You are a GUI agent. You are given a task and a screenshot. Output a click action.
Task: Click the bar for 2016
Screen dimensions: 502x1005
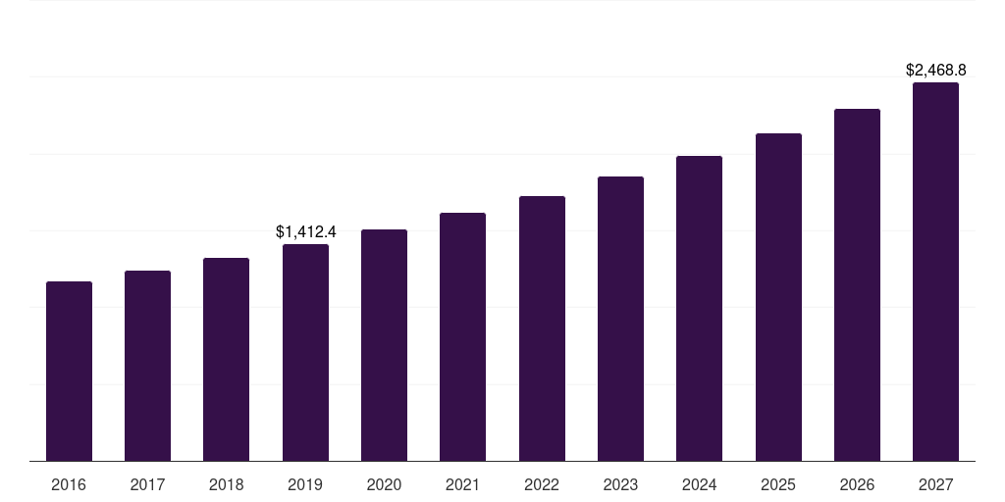[x=69, y=372]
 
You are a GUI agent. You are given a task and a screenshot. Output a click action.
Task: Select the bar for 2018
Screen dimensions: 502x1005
[x=227, y=360]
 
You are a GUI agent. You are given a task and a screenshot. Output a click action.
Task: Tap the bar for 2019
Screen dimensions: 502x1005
[x=305, y=353]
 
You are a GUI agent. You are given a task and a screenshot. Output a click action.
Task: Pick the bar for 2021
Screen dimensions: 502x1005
[x=462, y=337]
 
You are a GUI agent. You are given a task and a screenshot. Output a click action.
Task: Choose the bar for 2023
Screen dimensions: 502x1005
[x=620, y=319]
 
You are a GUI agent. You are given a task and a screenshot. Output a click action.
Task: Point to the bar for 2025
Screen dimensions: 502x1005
[x=778, y=297]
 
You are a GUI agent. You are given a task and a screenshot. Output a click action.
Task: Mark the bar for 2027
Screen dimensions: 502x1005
[x=935, y=272]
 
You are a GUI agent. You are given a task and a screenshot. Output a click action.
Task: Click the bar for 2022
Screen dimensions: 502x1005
[x=542, y=328]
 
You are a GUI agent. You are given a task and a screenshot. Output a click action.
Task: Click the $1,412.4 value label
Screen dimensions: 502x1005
[x=306, y=232]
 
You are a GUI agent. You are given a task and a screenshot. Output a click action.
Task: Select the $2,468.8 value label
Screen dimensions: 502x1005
[x=936, y=71]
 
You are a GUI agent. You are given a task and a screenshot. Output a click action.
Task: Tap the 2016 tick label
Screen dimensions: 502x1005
[x=69, y=485]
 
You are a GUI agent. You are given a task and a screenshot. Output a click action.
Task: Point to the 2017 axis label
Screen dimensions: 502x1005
[x=147, y=485]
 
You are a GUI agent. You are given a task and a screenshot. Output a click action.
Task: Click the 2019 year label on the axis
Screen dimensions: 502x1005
[x=305, y=485]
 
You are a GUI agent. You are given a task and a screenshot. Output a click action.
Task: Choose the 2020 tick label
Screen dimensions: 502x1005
[x=384, y=485]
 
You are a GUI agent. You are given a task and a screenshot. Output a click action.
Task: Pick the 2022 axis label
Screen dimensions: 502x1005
[x=542, y=485]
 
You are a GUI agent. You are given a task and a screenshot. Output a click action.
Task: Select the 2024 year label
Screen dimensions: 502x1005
[x=699, y=485]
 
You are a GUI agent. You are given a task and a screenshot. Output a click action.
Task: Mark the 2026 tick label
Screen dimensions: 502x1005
[x=857, y=485]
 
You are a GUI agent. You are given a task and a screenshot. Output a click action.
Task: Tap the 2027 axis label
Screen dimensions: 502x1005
[x=935, y=485]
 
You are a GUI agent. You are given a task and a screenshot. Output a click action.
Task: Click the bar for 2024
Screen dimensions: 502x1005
[x=699, y=309]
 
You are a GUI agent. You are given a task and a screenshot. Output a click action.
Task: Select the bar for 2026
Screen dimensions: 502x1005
[x=857, y=285]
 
